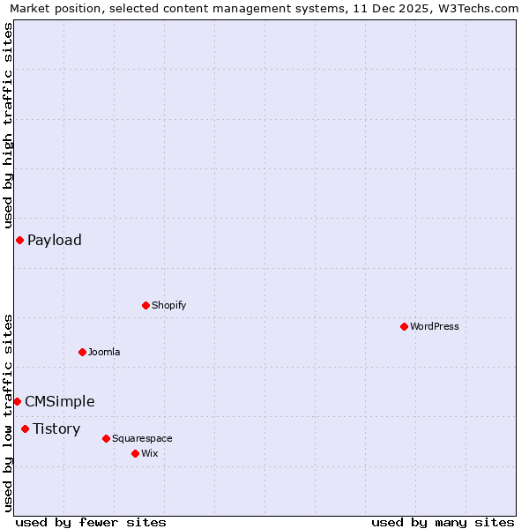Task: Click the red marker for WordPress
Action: tap(404, 326)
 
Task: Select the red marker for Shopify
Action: tap(145, 305)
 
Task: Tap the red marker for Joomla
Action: tap(82, 352)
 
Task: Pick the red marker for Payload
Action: tap(19, 240)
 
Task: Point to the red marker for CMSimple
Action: tap(17, 401)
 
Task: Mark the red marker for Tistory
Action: tap(25, 428)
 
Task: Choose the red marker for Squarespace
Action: tap(106, 438)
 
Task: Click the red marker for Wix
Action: tap(135, 453)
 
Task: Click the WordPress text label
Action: tap(435, 326)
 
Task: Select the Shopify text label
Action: tap(168, 305)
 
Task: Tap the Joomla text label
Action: tap(104, 352)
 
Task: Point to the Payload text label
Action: tap(55, 240)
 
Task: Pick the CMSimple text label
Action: tap(60, 401)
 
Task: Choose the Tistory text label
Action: tap(56, 428)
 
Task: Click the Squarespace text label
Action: tap(142, 438)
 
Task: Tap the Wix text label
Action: tap(149, 453)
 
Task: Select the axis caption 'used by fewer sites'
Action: tap(91, 522)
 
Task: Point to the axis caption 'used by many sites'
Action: tap(443, 522)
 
